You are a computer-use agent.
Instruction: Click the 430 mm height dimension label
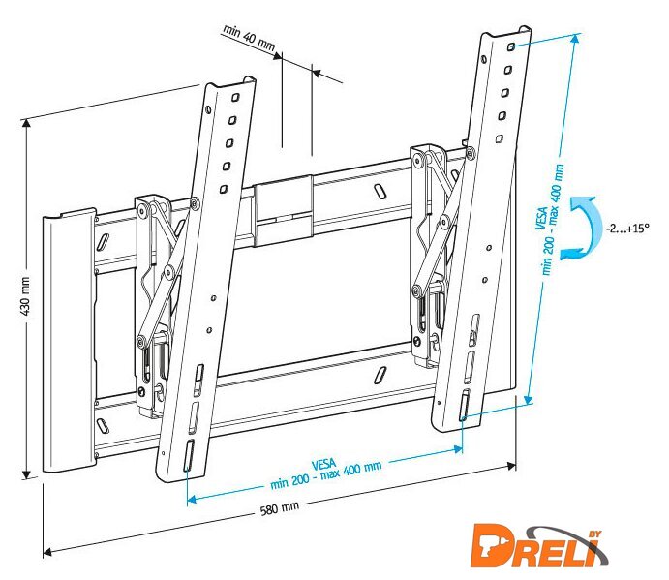25,296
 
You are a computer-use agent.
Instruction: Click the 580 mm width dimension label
280,508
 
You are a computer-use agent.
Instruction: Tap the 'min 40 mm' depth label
249,38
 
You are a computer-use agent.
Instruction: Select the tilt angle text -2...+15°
627,228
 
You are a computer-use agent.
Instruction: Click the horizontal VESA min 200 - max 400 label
325,473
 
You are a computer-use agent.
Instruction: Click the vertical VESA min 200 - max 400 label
549,220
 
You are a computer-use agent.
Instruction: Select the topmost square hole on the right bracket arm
511,46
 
